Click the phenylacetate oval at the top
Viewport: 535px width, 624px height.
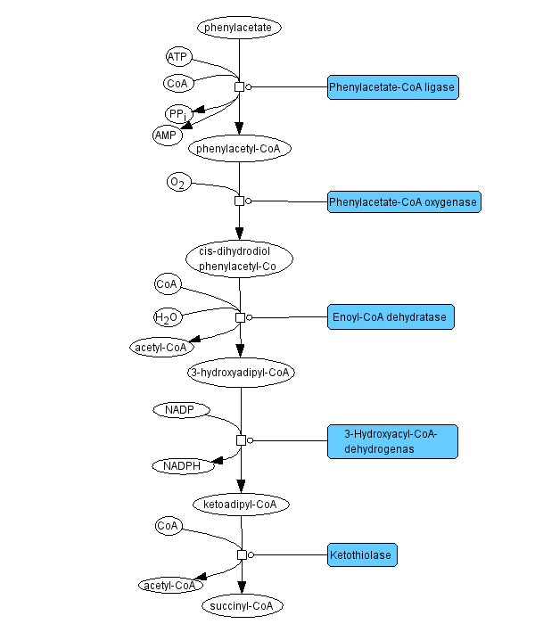(240, 28)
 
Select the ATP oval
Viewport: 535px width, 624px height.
(177, 57)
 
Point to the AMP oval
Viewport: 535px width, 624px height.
(166, 135)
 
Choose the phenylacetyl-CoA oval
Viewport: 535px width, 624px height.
(240, 148)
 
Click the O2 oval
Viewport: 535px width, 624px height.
(178, 183)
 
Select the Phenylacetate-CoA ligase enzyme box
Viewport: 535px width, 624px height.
(392, 87)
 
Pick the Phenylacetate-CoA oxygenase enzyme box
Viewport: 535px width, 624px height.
(404, 201)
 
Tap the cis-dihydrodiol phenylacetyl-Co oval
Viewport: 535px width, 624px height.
(240, 258)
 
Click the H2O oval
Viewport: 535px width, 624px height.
(167, 316)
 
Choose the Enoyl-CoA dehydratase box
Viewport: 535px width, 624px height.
(391, 316)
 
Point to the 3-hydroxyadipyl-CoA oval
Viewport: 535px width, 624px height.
(240, 372)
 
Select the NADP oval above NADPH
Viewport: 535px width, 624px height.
(180, 410)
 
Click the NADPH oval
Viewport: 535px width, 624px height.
(182, 465)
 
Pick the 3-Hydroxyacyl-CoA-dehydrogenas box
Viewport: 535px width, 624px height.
(391, 441)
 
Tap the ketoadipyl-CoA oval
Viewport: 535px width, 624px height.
(241, 505)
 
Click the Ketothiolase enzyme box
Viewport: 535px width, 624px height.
(361, 554)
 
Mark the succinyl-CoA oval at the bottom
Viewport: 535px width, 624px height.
(242, 607)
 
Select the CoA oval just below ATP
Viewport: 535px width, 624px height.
(177, 84)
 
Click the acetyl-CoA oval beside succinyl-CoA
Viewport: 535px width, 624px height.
(170, 586)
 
